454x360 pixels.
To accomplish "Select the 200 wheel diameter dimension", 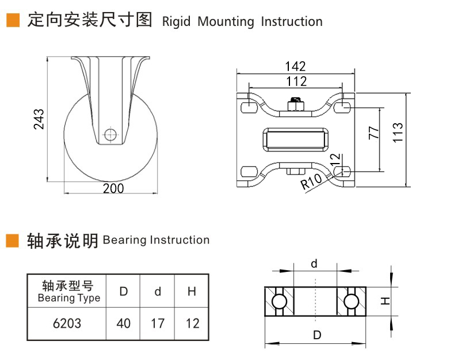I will click(x=113, y=188).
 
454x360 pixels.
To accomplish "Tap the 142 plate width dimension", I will click(x=295, y=67).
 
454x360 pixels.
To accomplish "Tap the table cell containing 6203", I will click(x=67, y=324).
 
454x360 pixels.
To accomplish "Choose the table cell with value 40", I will click(x=124, y=324).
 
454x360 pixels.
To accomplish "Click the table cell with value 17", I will click(x=158, y=324).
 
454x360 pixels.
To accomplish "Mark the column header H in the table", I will click(x=192, y=291).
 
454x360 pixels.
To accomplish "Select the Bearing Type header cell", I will click(x=68, y=291).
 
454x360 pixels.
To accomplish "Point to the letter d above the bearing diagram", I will click(x=314, y=264).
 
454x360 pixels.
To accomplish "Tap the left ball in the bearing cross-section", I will click(x=279, y=301).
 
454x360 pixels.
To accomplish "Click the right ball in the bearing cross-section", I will click(x=352, y=301).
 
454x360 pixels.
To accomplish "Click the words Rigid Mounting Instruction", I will click(x=242, y=22).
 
